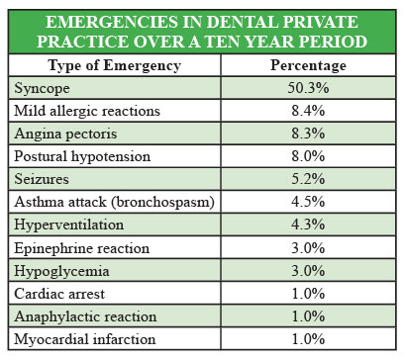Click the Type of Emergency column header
click(x=114, y=65)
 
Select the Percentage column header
click(x=309, y=65)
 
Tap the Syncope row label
click(x=42, y=89)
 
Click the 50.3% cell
click(x=308, y=88)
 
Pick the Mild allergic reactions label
click(x=87, y=111)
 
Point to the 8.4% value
click(x=308, y=111)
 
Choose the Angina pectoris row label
click(x=65, y=135)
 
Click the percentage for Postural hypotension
click(x=308, y=156)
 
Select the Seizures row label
click(x=42, y=179)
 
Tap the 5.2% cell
click(x=308, y=179)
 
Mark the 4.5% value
click(x=308, y=202)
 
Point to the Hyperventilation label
click(x=69, y=225)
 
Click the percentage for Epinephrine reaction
click(x=308, y=248)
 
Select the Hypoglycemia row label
click(x=61, y=272)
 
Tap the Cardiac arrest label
click(x=59, y=294)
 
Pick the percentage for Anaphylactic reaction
click(x=308, y=316)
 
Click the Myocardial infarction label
click(x=85, y=339)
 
